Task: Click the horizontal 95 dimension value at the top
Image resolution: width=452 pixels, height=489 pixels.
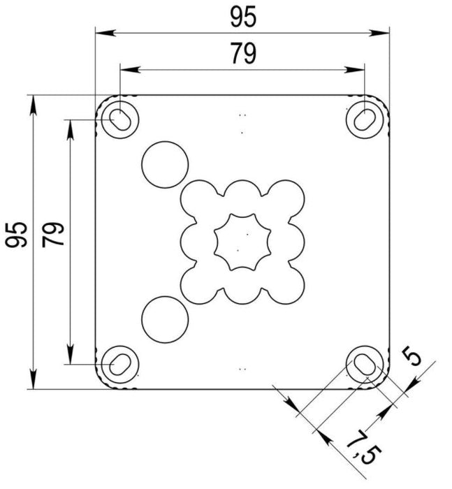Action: point(242,17)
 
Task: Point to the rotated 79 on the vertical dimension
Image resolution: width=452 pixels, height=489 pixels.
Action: point(54,235)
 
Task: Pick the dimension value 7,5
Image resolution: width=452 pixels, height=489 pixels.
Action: point(361,446)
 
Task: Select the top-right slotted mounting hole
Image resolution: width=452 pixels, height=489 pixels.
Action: point(364,119)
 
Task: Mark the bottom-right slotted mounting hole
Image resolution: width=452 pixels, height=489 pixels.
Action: point(364,363)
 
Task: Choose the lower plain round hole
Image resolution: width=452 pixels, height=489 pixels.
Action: point(165,319)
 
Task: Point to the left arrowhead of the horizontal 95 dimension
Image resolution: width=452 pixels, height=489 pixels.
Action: point(102,32)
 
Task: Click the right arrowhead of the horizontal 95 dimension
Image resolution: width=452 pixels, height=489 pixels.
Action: point(383,32)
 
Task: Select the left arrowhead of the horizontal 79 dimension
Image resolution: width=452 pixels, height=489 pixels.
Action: point(126,68)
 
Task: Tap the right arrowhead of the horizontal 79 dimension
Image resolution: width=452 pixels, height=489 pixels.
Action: point(358,68)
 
